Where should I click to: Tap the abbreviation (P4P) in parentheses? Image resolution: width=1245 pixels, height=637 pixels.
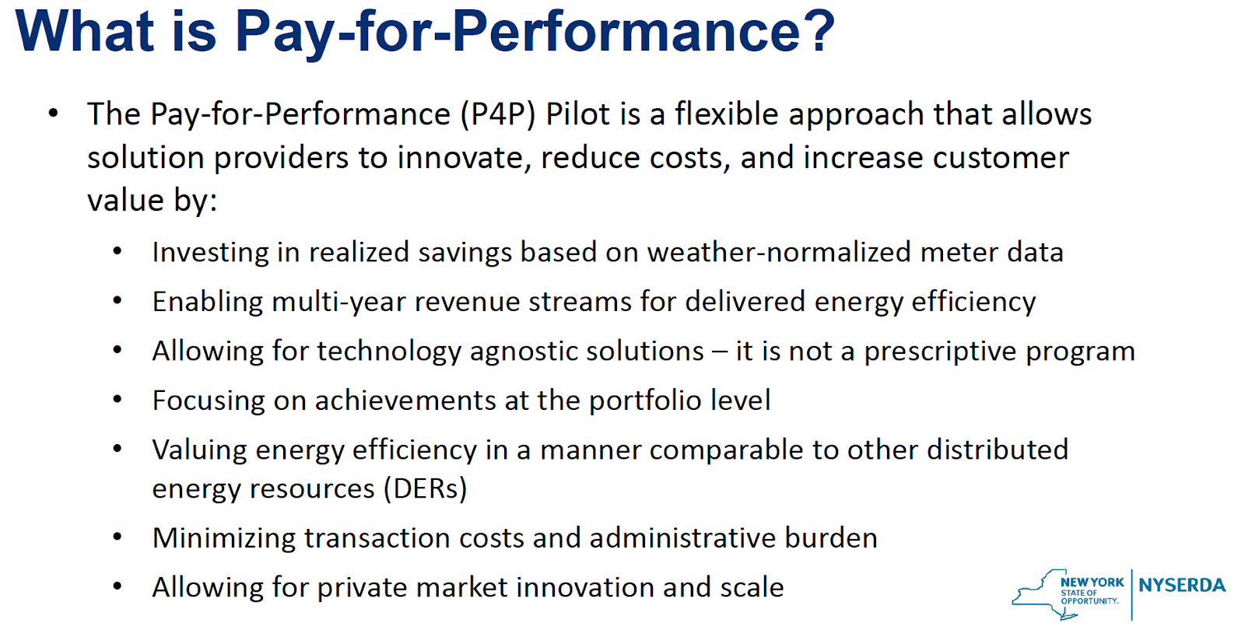[498, 114]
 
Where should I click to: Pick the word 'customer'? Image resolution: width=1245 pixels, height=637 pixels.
[1001, 159]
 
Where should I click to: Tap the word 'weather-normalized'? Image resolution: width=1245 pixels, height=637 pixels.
[779, 252]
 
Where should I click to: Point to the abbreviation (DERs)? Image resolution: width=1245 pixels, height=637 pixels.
[426, 488]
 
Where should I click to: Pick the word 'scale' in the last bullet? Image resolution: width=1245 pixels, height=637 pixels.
[752, 587]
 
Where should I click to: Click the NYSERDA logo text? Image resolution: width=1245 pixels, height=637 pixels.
[1182, 586]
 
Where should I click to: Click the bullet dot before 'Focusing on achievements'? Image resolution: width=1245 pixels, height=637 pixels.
[117, 400]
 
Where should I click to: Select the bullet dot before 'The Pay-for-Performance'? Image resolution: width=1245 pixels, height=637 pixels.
[54, 114]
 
